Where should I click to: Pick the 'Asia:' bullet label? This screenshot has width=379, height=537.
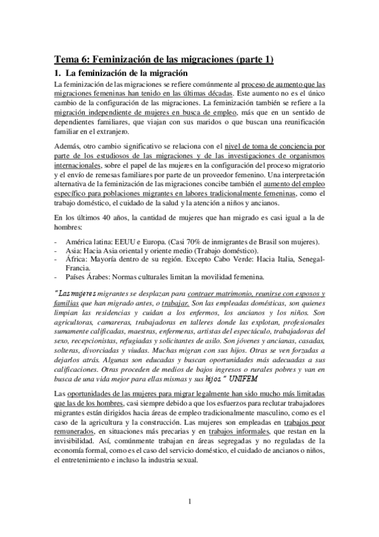tap(76, 252)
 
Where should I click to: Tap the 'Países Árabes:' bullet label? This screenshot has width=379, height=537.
tap(92, 277)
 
